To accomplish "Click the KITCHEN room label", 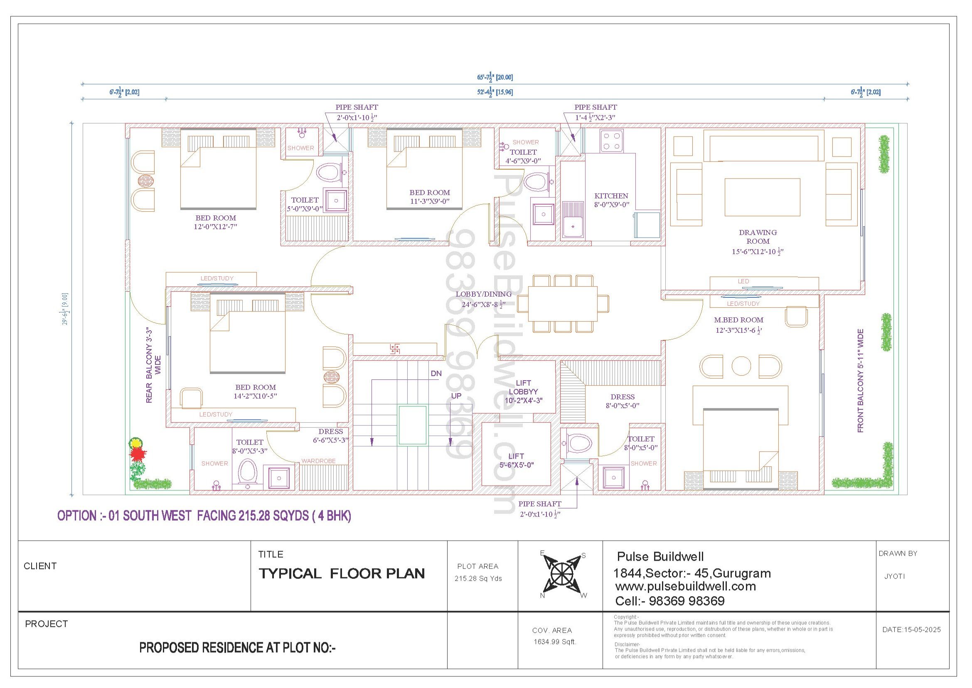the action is click(x=611, y=196).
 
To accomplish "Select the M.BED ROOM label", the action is click(x=739, y=320).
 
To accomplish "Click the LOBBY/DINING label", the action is click(x=483, y=294).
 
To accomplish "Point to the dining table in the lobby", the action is click(x=563, y=303).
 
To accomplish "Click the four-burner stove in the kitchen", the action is click(x=611, y=141).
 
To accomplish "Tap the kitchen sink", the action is click(x=573, y=220).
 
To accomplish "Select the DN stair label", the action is click(x=436, y=373).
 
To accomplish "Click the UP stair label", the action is click(x=456, y=396).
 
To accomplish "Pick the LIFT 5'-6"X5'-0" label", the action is click(x=517, y=460).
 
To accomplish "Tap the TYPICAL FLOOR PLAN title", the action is click(x=342, y=574).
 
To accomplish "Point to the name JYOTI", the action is click(x=895, y=576).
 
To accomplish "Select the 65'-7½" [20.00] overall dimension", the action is click(x=495, y=77).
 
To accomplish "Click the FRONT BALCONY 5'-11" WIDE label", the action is click(x=861, y=381).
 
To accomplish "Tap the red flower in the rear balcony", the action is click(x=137, y=454).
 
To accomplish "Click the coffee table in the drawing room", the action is click(x=762, y=197).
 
